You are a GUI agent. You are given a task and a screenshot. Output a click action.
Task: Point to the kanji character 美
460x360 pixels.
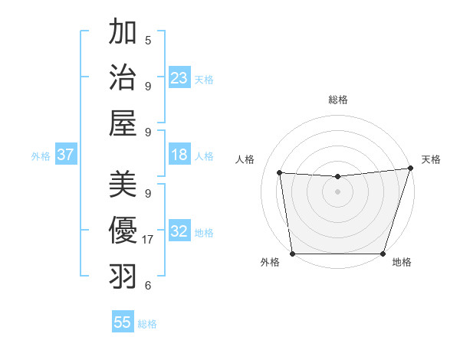pyautogui.click(x=123, y=185)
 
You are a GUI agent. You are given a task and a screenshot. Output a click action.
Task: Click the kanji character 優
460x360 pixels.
pyautogui.click(x=123, y=231)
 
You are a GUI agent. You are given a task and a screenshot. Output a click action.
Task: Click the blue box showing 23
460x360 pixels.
pyautogui.click(x=179, y=78)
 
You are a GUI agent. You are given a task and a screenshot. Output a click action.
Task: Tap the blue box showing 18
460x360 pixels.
pyautogui.click(x=179, y=155)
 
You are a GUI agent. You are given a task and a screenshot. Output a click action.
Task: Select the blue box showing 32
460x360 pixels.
pyautogui.click(x=179, y=231)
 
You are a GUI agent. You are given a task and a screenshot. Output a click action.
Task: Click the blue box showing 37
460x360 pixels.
pyautogui.click(x=66, y=155)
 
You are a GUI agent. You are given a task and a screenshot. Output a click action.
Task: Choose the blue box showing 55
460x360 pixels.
pyautogui.click(x=123, y=322)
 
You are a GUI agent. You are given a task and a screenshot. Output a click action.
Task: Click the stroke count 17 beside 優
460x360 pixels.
pyautogui.click(x=148, y=240)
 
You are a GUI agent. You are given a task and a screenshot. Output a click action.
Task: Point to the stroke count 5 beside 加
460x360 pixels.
pyautogui.click(x=148, y=41)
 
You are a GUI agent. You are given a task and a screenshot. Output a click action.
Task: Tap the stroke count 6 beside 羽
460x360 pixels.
pyautogui.click(x=148, y=286)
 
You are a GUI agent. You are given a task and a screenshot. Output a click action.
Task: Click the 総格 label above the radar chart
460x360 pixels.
pyautogui.click(x=338, y=100)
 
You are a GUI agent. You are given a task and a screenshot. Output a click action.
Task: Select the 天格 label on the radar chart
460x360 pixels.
pyautogui.click(x=431, y=159)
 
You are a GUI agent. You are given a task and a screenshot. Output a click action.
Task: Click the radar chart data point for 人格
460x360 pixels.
pyautogui.click(x=280, y=173)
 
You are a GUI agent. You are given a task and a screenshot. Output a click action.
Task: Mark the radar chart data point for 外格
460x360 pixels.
pyautogui.click(x=292, y=254)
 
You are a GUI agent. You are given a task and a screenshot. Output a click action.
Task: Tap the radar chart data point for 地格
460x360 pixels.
pyautogui.click(x=383, y=254)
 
